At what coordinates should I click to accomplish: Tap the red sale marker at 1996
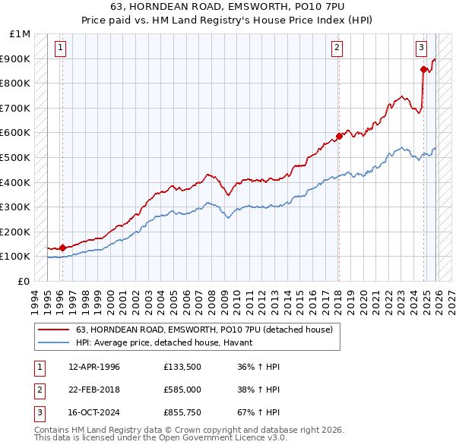point(62,248)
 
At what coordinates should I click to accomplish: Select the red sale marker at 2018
point(338,137)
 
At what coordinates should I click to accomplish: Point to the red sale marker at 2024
point(423,69)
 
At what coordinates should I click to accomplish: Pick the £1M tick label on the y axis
point(21,34)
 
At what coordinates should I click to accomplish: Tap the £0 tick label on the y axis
point(24,281)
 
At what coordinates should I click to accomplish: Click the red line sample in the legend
point(53,330)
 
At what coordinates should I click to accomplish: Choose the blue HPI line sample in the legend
point(53,343)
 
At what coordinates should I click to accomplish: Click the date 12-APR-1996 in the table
point(94,367)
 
